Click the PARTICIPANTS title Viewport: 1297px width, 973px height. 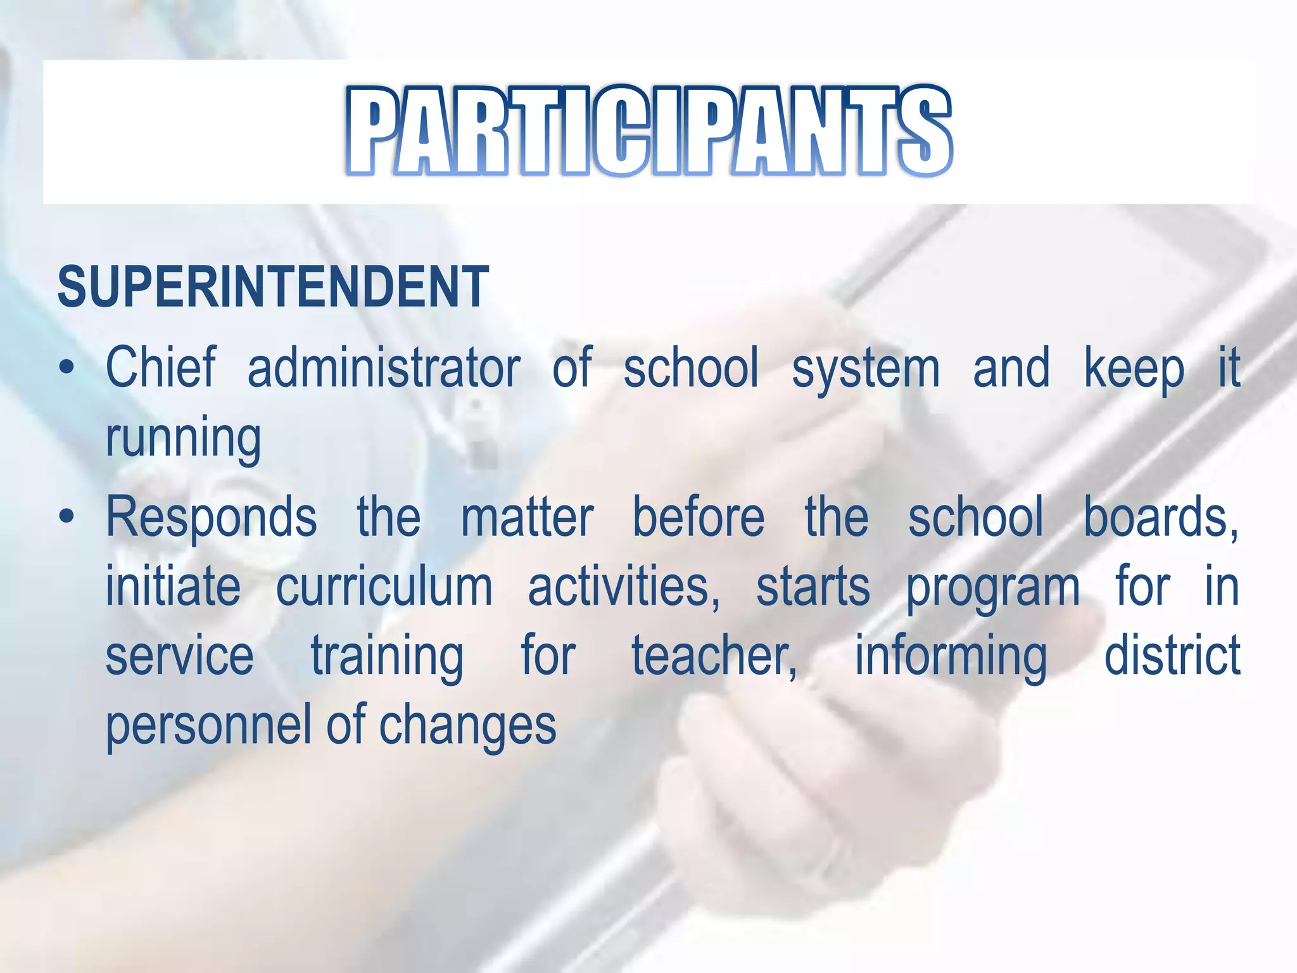[x=648, y=130]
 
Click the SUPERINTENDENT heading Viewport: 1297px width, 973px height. [x=273, y=287]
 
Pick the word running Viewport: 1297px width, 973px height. [x=183, y=439]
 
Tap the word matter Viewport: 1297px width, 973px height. [x=527, y=518]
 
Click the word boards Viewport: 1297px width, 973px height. [x=1160, y=518]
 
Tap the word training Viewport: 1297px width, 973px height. [x=387, y=658]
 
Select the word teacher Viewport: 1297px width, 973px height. [x=714, y=656]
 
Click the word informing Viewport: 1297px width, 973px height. [x=951, y=658]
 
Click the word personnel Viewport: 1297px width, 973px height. [x=210, y=726]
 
